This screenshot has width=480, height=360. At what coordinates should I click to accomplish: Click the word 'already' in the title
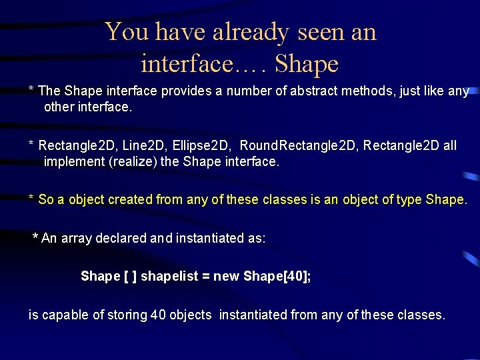tap(244, 31)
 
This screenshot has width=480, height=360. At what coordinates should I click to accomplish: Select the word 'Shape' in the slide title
tap(307, 64)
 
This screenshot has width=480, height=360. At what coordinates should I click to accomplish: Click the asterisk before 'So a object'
tap(31, 199)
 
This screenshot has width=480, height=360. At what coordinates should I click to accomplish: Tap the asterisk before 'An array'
tap(36, 237)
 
